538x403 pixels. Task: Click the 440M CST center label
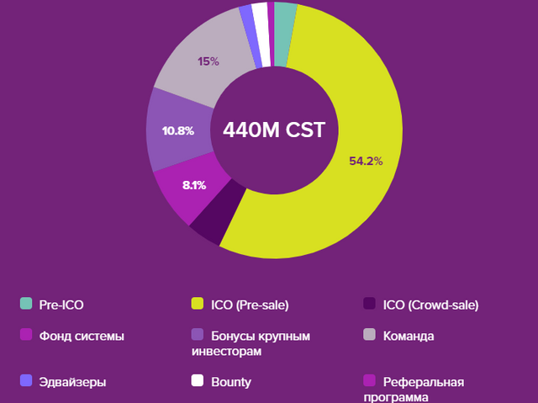pos(273,130)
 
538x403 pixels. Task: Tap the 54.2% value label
pos(366,161)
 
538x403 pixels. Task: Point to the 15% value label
pos(208,61)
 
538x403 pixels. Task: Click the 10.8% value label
pos(178,131)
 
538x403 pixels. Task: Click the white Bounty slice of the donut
pos(261,34)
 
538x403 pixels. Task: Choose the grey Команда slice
pos(202,67)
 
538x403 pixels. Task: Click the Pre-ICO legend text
pos(61,304)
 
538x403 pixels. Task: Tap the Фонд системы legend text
pos(82,337)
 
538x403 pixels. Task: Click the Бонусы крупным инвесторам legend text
pos(261,343)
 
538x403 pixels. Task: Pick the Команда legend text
pos(408,337)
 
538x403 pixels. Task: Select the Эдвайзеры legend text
pos(72,382)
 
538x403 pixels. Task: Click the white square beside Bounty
pos(198,380)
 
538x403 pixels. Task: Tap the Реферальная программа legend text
pos(423,389)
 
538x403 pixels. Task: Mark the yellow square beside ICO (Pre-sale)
pos(198,304)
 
